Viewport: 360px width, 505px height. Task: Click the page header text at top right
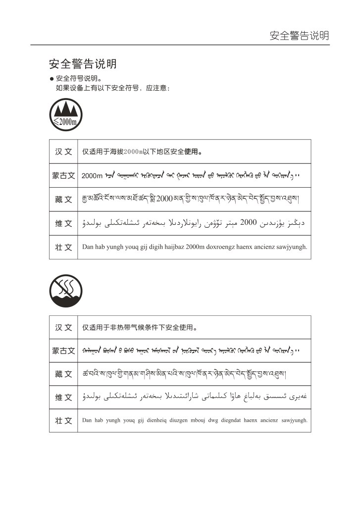(299, 36)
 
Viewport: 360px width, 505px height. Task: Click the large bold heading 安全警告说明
(83, 64)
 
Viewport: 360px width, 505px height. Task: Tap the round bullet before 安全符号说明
(51, 79)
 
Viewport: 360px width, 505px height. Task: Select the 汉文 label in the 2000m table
(63, 151)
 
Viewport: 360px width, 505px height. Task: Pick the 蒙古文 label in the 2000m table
(63, 175)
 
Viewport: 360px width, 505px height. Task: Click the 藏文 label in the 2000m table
(63, 200)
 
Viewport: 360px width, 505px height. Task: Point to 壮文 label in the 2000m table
(63, 247)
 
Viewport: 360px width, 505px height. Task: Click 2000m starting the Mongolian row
(92, 176)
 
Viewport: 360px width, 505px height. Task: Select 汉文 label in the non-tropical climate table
(63, 327)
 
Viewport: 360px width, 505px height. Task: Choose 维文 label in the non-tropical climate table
(63, 398)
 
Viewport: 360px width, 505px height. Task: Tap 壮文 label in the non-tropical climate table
(63, 421)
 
